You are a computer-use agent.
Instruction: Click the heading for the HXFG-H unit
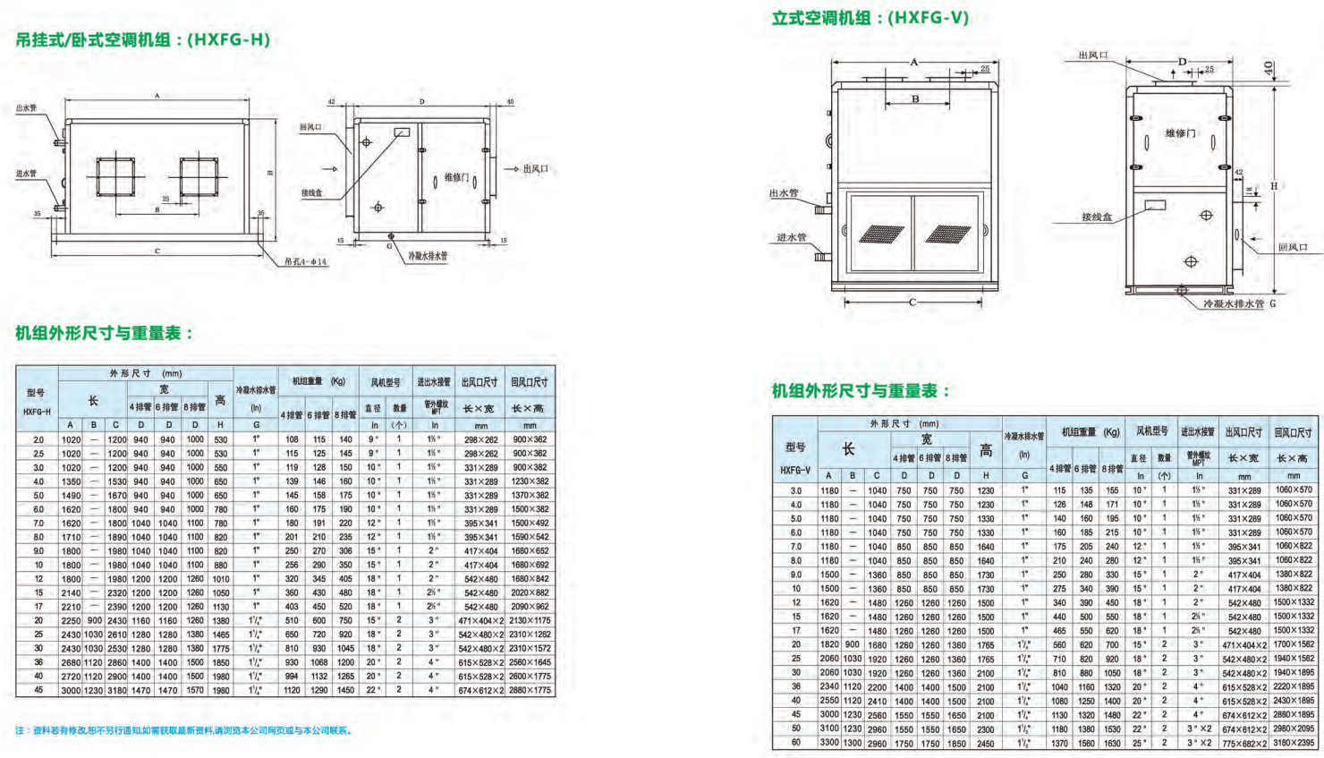pyautogui.click(x=142, y=39)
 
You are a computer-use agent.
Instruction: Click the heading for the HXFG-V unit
pyautogui.click(x=870, y=18)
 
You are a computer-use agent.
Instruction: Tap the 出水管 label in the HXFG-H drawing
pyautogui.click(x=26, y=108)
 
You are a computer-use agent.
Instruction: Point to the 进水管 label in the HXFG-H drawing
pyautogui.click(x=26, y=174)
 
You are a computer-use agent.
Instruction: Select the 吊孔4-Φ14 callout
pyautogui.click(x=305, y=262)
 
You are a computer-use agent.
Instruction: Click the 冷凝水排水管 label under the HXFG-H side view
pyautogui.click(x=428, y=256)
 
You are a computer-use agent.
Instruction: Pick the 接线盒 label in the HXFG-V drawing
pyautogui.click(x=1096, y=217)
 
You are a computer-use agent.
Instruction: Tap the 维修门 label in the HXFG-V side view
pyautogui.click(x=1180, y=133)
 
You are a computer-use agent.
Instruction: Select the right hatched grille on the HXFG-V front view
pyautogui.click(x=948, y=234)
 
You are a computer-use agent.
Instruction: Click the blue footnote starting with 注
pyautogui.click(x=183, y=731)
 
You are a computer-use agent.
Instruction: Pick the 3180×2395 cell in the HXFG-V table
pyautogui.click(x=1294, y=743)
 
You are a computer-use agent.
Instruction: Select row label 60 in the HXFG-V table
pyautogui.click(x=795, y=743)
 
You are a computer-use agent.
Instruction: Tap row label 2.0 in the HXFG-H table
pyautogui.click(x=38, y=439)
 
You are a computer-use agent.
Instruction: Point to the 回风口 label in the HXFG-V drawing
pyautogui.click(x=1292, y=247)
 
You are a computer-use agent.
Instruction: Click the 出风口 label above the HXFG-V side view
pyautogui.click(x=1092, y=55)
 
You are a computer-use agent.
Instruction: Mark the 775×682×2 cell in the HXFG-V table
pyautogui.click(x=1243, y=743)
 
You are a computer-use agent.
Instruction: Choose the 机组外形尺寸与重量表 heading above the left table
pyautogui.click(x=104, y=333)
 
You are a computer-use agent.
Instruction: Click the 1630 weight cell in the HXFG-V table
pyautogui.click(x=1112, y=743)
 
